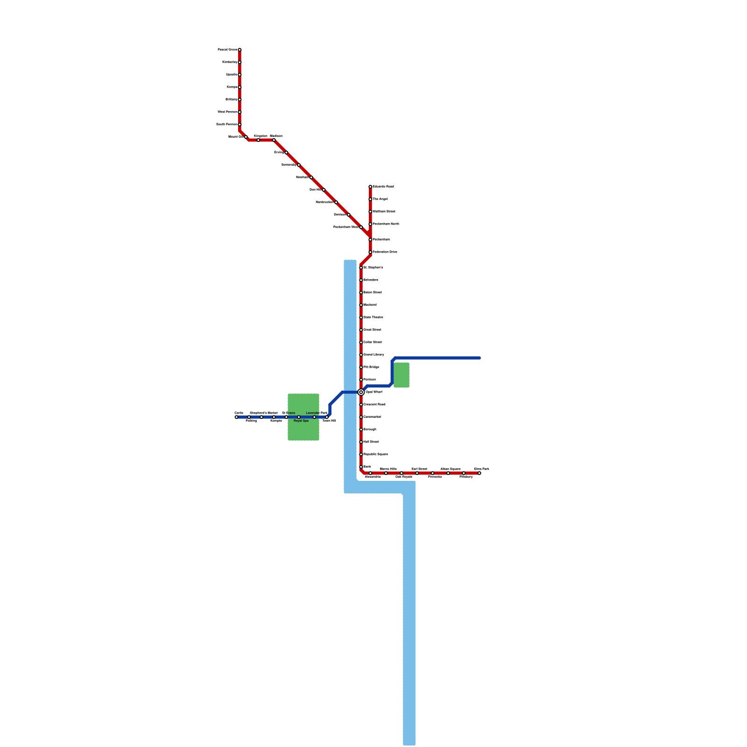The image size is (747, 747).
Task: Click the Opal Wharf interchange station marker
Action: click(361, 392)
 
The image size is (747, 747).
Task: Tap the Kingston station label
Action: click(261, 136)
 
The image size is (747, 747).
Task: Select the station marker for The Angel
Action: click(370, 199)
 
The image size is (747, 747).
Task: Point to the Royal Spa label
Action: click(301, 421)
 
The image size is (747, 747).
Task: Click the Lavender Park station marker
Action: click(314, 417)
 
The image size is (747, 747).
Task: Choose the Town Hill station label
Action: click(329, 421)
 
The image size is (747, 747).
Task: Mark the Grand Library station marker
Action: click(361, 355)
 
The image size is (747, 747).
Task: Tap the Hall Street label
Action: click(371, 442)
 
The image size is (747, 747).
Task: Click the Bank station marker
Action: click(361, 467)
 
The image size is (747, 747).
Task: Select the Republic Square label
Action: click(375, 454)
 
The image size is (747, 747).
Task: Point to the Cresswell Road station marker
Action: click(361, 405)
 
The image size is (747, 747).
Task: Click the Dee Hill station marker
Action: click(324, 190)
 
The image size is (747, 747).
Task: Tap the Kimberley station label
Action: click(230, 62)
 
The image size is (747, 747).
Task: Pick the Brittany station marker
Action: click(240, 99)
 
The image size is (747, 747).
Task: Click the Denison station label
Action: click(340, 215)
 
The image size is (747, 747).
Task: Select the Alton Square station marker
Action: click(448, 473)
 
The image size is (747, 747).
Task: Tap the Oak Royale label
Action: click(404, 477)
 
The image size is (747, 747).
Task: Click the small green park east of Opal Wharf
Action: click(402, 375)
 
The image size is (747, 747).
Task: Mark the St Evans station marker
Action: click(286, 417)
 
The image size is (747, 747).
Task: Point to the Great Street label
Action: click(372, 330)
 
